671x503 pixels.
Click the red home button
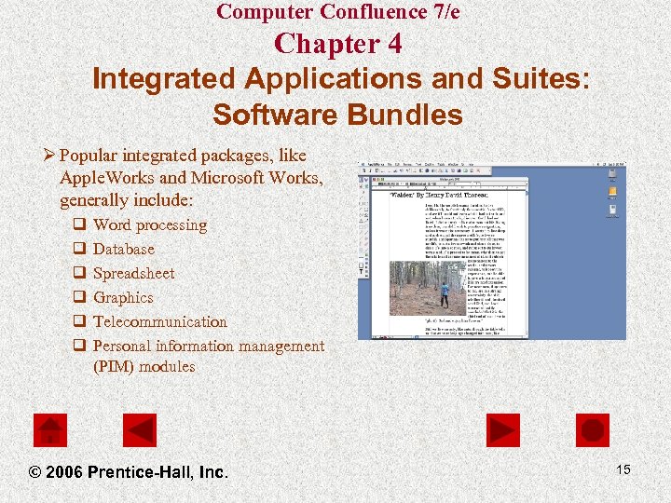coord(50,430)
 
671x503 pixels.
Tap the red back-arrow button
coord(140,430)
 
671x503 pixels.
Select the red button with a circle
coord(592,430)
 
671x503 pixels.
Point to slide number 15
coord(623,469)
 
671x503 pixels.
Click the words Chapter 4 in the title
coord(338,44)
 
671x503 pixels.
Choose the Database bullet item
coord(124,249)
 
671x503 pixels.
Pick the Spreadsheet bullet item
coord(134,273)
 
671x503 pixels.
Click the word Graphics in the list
coord(123,297)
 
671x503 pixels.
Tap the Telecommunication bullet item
coord(160,321)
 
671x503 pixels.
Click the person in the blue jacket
coord(445,294)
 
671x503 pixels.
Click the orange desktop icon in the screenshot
coord(611,193)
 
